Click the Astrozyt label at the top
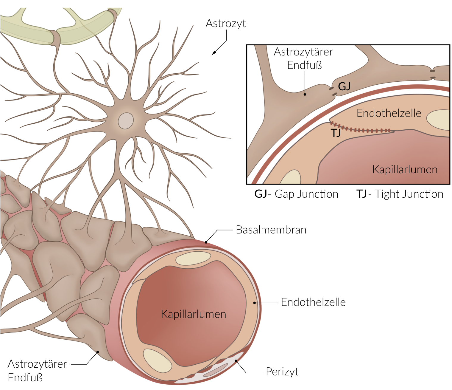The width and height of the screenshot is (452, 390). point(226,24)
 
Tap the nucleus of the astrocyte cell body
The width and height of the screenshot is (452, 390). point(126,121)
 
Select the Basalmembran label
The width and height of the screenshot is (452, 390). point(271,230)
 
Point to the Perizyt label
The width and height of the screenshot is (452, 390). point(282,372)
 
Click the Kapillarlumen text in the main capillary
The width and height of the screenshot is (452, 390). point(193,314)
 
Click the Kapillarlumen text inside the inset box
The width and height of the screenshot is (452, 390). point(405,170)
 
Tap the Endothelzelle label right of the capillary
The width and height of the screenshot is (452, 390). point(313,302)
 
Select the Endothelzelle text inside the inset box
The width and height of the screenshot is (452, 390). point(389,113)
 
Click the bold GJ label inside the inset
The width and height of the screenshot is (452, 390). point(344,86)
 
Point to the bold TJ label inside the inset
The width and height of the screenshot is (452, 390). point(336,133)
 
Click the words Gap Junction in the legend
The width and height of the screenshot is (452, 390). point(306,194)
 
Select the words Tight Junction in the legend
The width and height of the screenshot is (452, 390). point(409,194)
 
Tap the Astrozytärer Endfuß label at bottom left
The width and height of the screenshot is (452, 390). point(37,371)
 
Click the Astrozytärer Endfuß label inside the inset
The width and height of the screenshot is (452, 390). point(303,58)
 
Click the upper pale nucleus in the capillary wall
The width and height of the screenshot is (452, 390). point(193,259)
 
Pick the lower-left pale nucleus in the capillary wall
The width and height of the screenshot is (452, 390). point(157,360)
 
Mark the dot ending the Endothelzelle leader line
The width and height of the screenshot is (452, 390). point(255,303)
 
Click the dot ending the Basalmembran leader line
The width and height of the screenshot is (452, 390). point(206,242)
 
